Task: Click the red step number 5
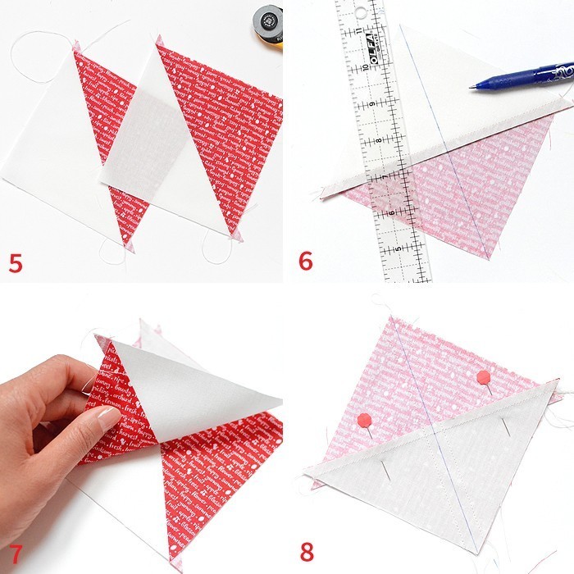pos(15,262)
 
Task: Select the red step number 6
pos(306,262)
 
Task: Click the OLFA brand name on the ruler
pos(370,40)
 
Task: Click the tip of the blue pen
pos(472,87)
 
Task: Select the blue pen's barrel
pos(525,77)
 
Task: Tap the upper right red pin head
pos(484,377)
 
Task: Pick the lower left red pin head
pos(363,421)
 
